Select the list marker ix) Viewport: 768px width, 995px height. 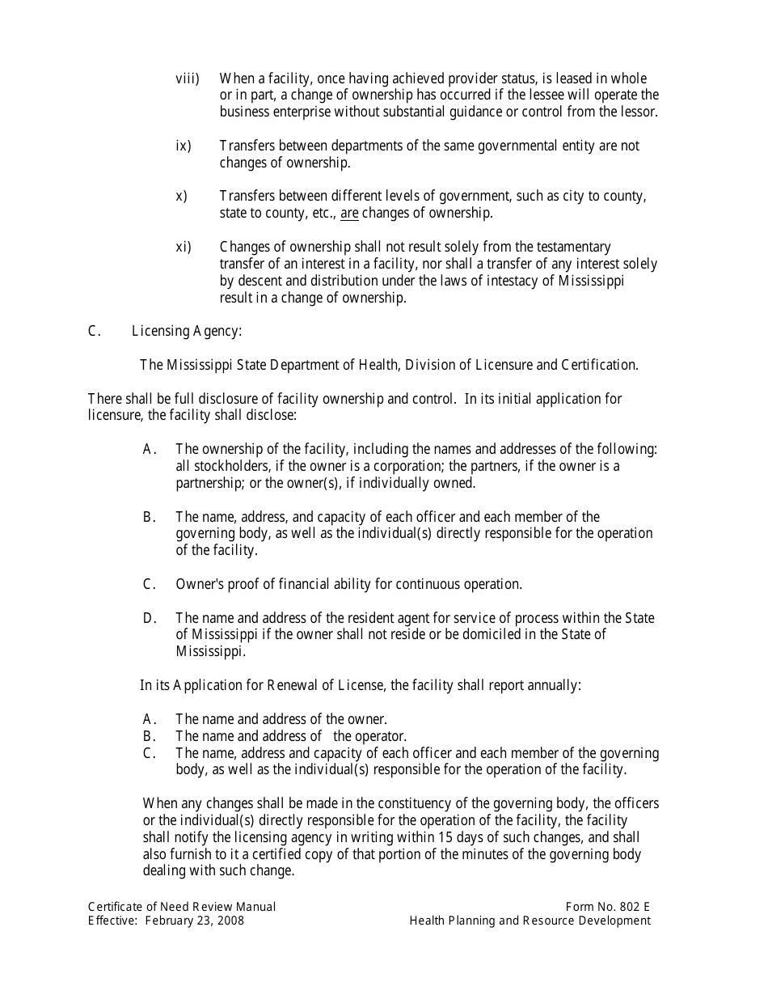[x=184, y=146]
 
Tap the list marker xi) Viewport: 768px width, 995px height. [x=184, y=247]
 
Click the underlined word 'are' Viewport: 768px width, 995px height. [x=349, y=214]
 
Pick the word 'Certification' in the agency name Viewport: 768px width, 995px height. [x=599, y=365]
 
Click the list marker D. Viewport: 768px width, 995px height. [x=150, y=618]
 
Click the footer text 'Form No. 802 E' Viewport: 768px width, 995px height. [x=609, y=907]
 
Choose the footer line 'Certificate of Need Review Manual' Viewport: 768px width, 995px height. [x=182, y=907]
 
